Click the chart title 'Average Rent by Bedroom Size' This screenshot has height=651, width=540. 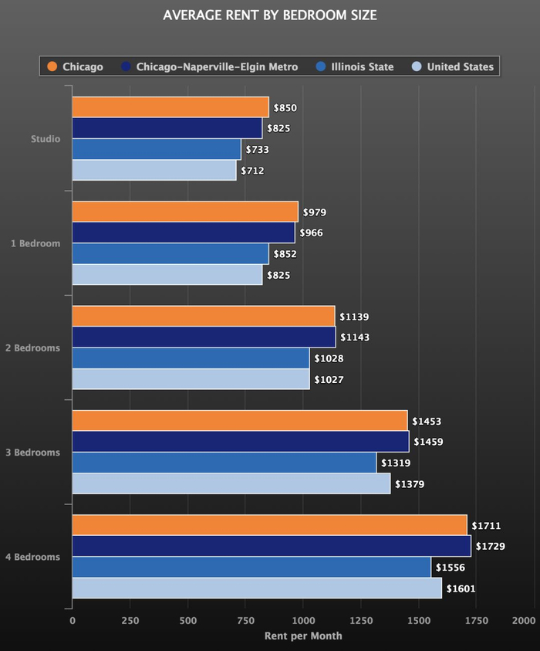click(270, 15)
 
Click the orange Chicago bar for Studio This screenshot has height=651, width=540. click(170, 107)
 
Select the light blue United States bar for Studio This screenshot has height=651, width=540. click(154, 170)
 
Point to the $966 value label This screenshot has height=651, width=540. click(311, 232)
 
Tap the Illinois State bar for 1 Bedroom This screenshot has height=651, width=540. click(170, 253)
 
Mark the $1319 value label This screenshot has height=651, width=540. click(396, 463)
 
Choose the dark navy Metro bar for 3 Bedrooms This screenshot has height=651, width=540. click(240, 442)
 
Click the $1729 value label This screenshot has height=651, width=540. click(491, 547)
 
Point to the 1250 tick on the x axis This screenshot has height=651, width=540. click(361, 621)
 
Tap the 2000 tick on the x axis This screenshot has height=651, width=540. click(523, 621)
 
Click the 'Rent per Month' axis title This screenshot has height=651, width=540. click(303, 636)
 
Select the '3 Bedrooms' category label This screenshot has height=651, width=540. click(32, 453)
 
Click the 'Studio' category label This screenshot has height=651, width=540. click(45, 139)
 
